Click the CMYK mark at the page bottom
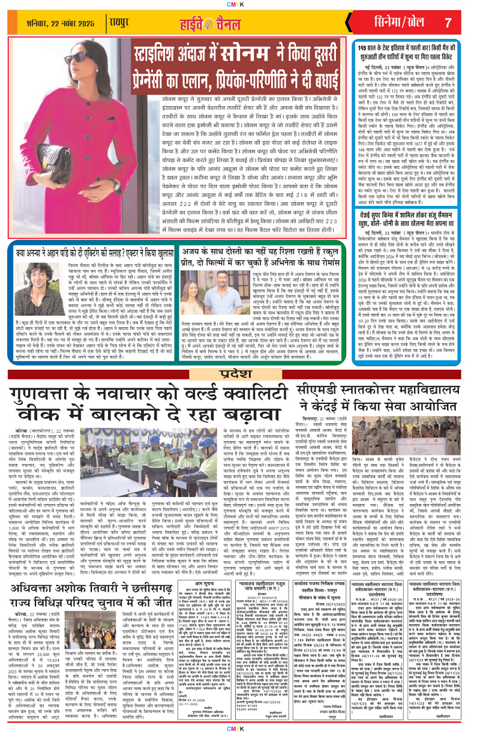coord(239,728)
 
